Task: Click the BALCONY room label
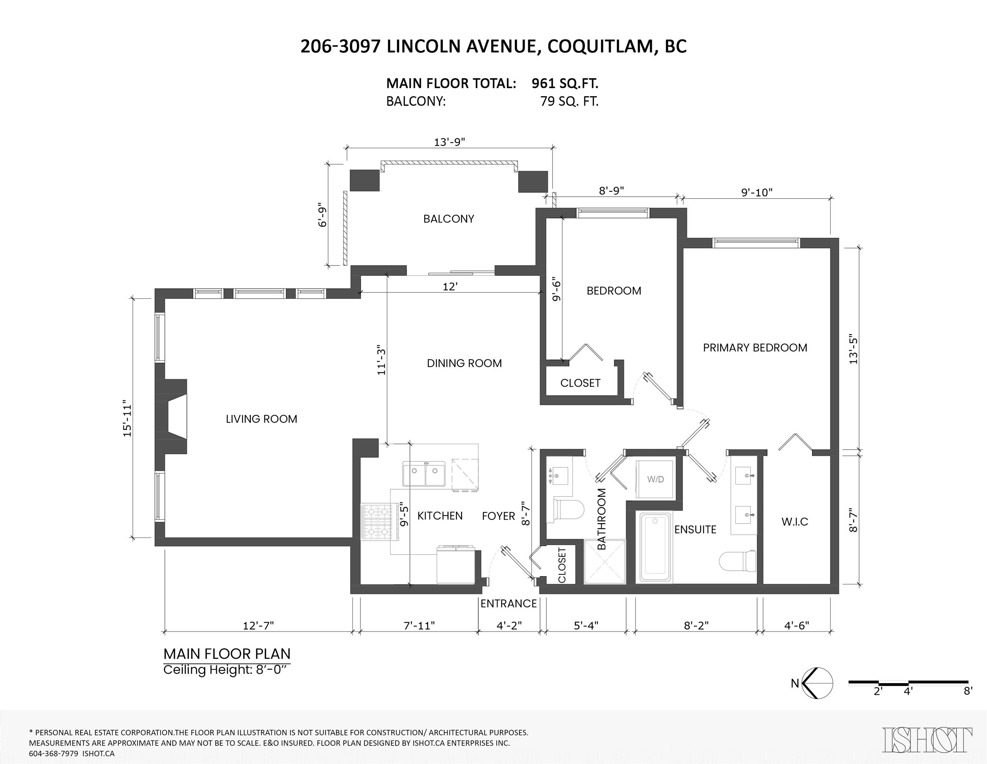[448, 219]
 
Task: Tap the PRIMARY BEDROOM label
[755, 348]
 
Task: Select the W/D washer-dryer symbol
[655, 479]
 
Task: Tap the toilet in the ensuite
[737, 561]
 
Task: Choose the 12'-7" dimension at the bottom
[258, 626]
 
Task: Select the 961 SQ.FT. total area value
[565, 84]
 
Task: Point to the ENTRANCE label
[508, 604]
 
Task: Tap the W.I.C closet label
[795, 522]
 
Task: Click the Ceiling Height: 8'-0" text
[226, 670]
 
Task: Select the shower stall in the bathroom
[605, 561]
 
